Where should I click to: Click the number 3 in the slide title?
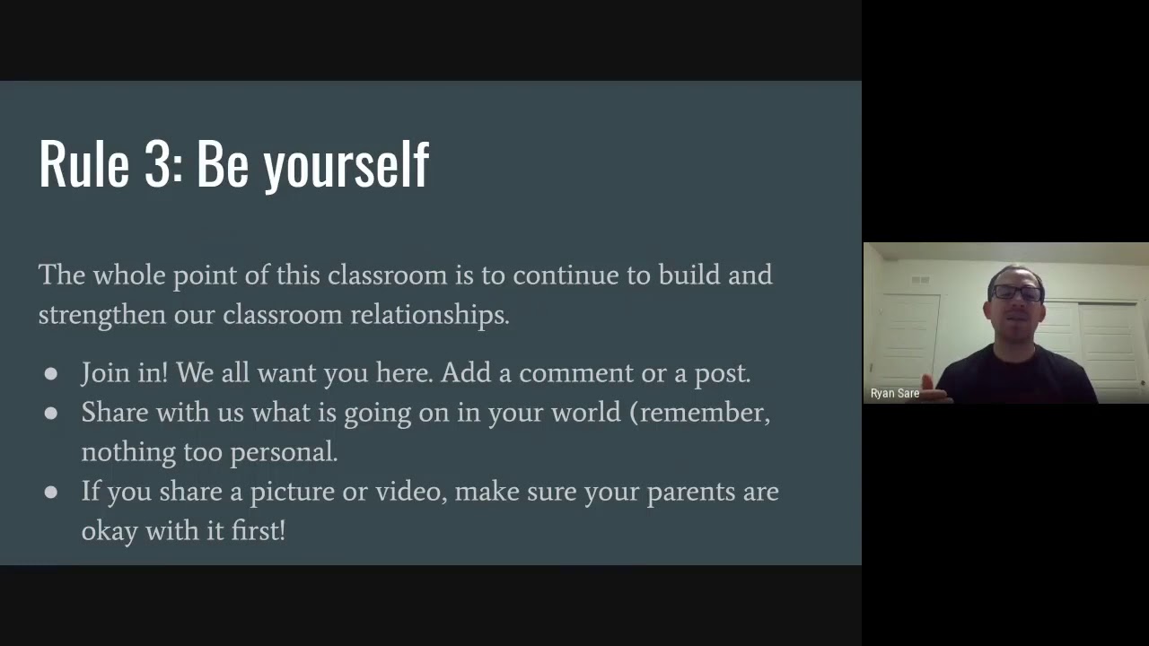(x=157, y=164)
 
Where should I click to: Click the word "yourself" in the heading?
(x=346, y=166)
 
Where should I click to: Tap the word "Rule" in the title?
(x=83, y=164)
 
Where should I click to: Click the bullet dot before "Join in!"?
(x=51, y=374)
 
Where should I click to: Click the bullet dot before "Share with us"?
(x=51, y=414)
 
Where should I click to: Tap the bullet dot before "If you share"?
(x=51, y=493)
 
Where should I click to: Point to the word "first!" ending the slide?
(x=258, y=531)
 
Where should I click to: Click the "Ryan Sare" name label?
(x=895, y=394)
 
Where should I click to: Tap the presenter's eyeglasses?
(x=1017, y=292)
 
